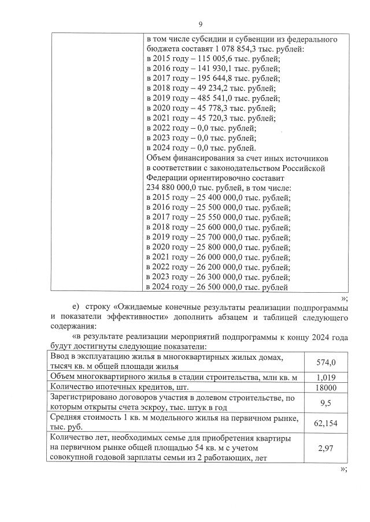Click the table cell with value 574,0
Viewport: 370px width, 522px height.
coord(325,362)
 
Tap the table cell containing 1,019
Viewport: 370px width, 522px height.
coord(325,377)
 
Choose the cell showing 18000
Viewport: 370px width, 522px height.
coord(325,387)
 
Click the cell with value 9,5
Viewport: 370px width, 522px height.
coord(325,403)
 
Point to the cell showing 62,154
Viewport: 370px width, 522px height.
coord(325,423)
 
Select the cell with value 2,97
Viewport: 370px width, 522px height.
coord(325,448)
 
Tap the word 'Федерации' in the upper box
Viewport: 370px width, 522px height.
coord(166,178)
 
